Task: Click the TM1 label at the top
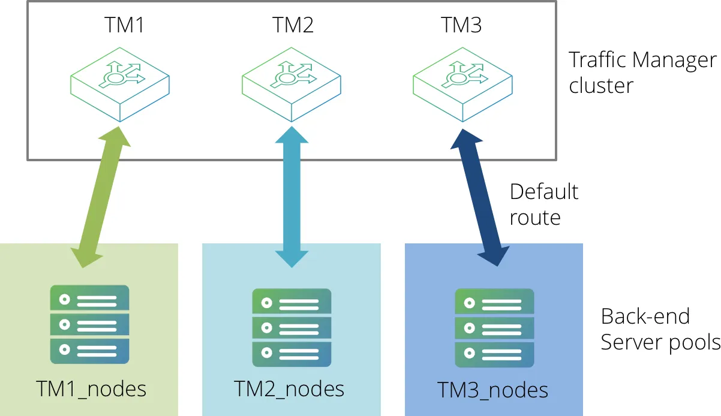point(124,25)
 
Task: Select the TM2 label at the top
point(293,25)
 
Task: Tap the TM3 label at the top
point(461,25)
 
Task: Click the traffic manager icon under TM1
point(120,85)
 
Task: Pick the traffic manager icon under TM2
point(292,85)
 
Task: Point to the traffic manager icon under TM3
point(462,85)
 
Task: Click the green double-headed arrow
point(101,197)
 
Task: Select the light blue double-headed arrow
point(292,197)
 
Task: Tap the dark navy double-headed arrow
point(480,198)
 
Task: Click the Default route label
point(544,204)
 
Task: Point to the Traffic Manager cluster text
point(642,73)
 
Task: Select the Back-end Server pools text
point(660,329)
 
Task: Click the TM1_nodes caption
point(91,389)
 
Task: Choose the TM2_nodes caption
point(289,389)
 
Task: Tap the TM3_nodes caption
point(492,391)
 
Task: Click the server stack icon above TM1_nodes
point(89,324)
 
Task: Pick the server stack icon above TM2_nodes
point(292,327)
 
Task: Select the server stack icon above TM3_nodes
point(494,328)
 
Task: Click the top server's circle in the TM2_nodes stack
point(267,303)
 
